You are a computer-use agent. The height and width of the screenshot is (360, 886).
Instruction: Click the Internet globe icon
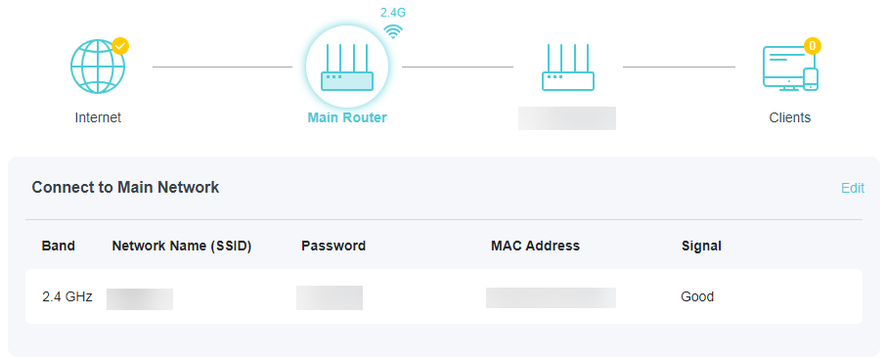pos(98,67)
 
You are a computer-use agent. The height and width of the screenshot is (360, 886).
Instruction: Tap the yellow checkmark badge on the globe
pos(120,45)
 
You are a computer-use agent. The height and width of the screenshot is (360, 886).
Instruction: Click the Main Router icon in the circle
pos(347,67)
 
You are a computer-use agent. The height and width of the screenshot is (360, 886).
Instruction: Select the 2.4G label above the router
pos(393,13)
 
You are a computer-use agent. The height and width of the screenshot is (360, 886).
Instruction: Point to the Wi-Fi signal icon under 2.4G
pos(393,30)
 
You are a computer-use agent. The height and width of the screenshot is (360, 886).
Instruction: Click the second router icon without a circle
pos(567,67)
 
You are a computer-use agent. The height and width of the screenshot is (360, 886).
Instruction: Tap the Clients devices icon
pos(789,68)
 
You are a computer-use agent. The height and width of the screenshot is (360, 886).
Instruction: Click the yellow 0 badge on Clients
pos(812,45)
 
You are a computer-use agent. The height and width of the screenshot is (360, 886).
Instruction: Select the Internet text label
pos(98,117)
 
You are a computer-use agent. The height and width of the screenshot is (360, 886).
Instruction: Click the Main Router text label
pos(347,117)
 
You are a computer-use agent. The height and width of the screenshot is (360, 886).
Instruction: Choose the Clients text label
pos(789,117)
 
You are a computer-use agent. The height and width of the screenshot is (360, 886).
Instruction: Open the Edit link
pos(853,188)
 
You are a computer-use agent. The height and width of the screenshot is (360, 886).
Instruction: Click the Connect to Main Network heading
pos(125,187)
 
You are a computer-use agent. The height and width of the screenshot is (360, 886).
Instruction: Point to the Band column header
pos(59,246)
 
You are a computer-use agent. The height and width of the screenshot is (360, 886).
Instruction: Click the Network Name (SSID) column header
pos(182,246)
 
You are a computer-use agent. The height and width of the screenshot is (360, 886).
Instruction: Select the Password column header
pos(333,246)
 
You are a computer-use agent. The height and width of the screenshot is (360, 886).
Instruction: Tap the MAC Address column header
pos(535,246)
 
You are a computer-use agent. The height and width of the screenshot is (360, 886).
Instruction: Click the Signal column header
pos(701,246)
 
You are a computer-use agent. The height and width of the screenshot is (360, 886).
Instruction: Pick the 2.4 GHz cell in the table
pos(67,296)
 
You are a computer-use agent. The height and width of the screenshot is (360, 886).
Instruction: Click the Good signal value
pos(697,296)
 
